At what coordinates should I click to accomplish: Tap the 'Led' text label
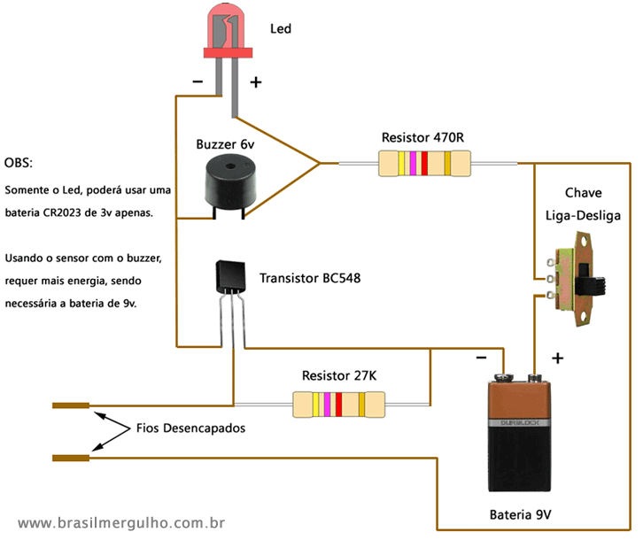click(281, 29)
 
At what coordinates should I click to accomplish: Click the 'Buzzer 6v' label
click(225, 143)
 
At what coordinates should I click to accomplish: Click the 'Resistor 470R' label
click(422, 137)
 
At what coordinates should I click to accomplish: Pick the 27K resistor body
click(339, 405)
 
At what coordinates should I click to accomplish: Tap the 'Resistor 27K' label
click(339, 375)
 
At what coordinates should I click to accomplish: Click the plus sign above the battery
click(558, 359)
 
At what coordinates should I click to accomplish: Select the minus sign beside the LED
click(198, 82)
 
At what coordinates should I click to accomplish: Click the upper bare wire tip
click(71, 405)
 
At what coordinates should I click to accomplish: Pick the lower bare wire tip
click(71, 458)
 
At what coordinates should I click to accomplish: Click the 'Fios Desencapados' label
click(190, 428)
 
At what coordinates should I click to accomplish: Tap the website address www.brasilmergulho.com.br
click(120, 523)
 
